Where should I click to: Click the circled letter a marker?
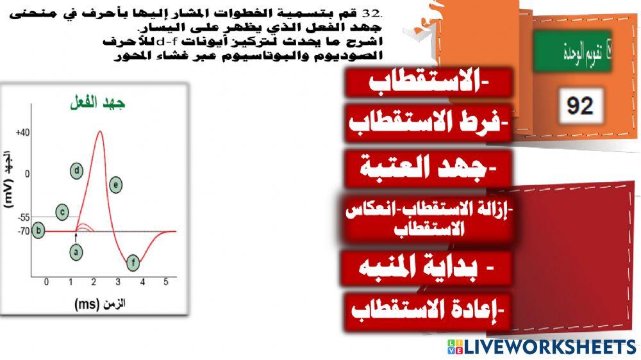point(76,252)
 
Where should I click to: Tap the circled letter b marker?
point(38,231)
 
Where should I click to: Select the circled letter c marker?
point(62,212)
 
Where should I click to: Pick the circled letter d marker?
point(77,171)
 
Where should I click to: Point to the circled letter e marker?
point(115,185)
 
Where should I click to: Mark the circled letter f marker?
point(133,263)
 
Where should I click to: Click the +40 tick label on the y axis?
point(22,133)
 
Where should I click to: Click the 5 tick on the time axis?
point(165,282)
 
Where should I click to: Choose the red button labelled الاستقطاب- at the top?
point(429,83)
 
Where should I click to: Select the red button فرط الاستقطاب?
point(429,123)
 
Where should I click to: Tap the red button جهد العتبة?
point(429,169)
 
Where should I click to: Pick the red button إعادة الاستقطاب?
point(428,311)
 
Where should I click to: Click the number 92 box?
point(580,105)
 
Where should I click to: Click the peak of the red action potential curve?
point(99,131)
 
